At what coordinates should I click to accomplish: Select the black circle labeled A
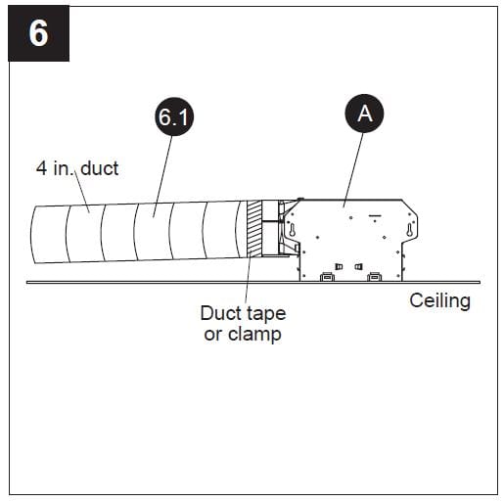tap(364, 114)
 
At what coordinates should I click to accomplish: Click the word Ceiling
tap(439, 300)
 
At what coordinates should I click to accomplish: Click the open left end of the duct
tap(37, 236)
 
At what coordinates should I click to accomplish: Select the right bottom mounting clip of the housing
tap(373, 277)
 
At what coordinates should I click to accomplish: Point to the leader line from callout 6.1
tap(164, 170)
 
